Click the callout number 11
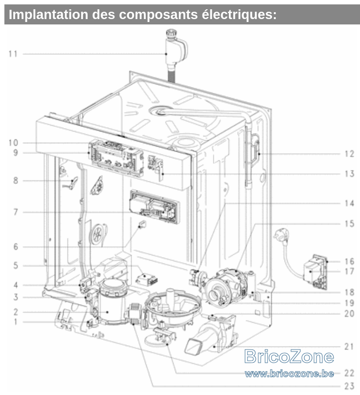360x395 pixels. (13, 54)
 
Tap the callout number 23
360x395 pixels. (349, 386)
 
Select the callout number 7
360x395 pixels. (16, 212)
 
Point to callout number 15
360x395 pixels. (349, 224)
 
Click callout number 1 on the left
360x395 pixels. (16, 322)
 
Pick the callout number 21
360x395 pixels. (349, 347)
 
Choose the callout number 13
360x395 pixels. (349, 174)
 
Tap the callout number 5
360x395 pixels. (16, 265)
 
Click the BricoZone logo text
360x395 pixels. (289, 356)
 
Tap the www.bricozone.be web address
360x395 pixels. (290, 373)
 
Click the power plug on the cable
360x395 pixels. (282, 235)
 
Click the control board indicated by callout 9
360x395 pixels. (116, 158)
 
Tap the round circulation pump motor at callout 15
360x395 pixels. (225, 287)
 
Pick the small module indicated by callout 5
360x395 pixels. (147, 279)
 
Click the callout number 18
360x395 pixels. (349, 292)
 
